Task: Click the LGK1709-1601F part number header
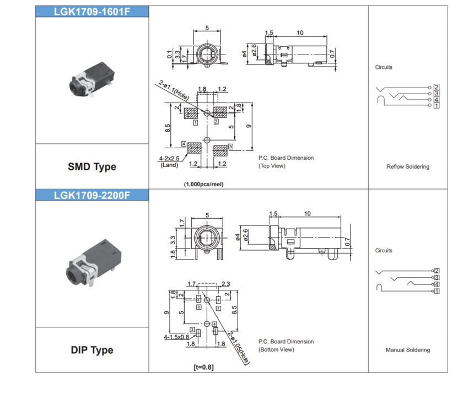click(x=92, y=12)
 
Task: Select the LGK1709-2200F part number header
click(x=92, y=195)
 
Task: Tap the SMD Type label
click(x=92, y=166)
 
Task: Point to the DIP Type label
click(x=92, y=350)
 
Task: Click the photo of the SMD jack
click(x=91, y=83)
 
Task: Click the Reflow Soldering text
click(x=408, y=166)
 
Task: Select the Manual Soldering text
click(x=408, y=350)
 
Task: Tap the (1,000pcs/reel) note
click(x=204, y=185)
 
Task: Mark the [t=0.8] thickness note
click(x=204, y=368)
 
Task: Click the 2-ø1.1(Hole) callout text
click(x=173, y=90)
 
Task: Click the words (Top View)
click(x=272, y=166)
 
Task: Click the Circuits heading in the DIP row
click(x=384, y=251)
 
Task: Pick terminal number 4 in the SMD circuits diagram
click(x=437, y=100)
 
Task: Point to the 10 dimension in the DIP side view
click(x=307, y=214)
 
